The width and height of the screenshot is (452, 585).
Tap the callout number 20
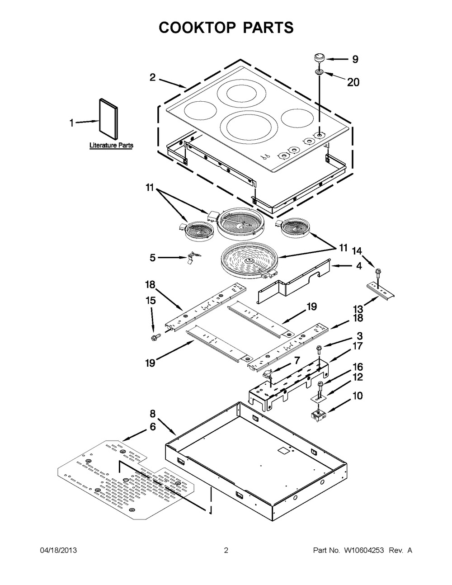[353, 82]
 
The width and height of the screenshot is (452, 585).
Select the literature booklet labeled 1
[108, 119]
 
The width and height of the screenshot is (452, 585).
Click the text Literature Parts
[111, 146]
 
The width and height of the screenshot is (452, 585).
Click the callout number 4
[359, 266]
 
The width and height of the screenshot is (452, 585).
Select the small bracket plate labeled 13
[381, 291]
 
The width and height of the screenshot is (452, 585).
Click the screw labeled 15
[155, 337]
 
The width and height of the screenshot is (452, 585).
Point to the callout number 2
[153, 78]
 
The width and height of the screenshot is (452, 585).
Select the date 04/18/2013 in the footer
[58, 550]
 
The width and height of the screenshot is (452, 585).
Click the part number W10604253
[363, 550]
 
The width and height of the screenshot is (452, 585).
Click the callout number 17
[358, 346]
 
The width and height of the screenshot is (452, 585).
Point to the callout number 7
[297, 360]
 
